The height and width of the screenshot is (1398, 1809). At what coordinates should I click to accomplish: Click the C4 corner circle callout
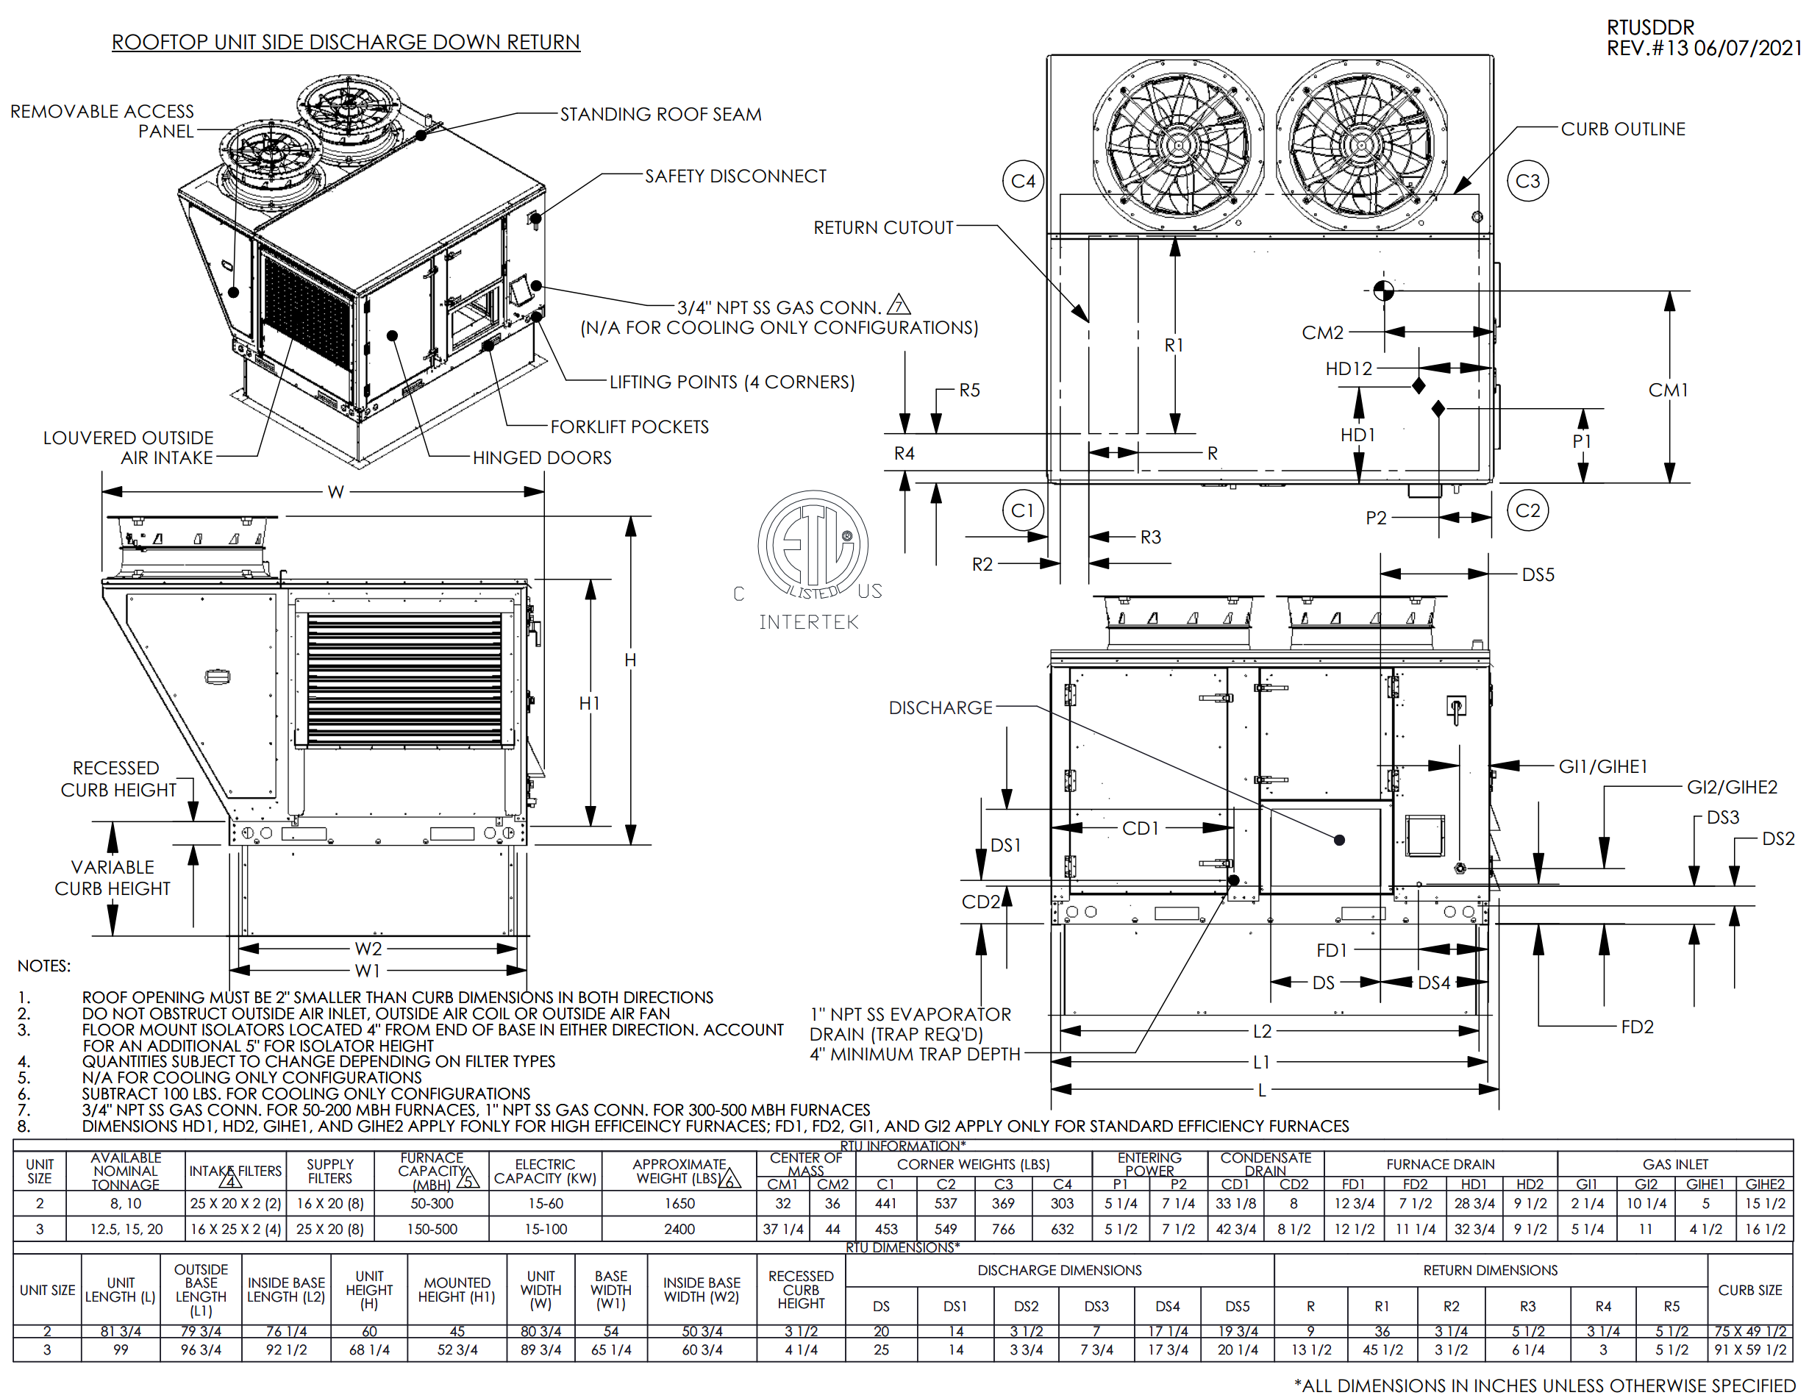[1023, 181]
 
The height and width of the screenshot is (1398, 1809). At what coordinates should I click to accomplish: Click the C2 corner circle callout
[1527, 510]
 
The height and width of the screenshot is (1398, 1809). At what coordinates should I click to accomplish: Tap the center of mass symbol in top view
[1383, 290]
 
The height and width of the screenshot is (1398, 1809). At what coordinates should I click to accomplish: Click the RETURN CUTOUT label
[883, 228]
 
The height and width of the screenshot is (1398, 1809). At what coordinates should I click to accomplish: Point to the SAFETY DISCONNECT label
[735, 176]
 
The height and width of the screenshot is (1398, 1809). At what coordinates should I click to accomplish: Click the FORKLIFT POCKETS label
[629, 427]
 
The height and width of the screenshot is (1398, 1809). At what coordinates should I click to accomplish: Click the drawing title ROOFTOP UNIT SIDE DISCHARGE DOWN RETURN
[346, 42]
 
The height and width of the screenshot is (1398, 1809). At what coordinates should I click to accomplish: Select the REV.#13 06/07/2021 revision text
[1703, 48]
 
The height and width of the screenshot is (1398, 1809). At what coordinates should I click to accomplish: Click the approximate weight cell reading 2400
[679, 1229]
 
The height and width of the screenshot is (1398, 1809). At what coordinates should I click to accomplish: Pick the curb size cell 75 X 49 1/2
[1749, 1331]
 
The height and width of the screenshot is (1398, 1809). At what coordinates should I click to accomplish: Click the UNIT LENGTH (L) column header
[120, 1289]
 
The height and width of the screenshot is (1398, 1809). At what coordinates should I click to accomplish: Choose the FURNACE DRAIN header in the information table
[1440, 1164]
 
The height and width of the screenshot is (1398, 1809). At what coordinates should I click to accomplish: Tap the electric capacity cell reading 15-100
[545, 1229]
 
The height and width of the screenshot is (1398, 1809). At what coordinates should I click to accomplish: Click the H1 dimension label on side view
[589, 703]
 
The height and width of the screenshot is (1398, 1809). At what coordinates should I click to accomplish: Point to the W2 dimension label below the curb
[368, 948]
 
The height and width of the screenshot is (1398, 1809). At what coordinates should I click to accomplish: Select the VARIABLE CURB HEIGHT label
[113, 878]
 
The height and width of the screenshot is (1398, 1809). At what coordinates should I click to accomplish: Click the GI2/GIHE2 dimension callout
[1732, 787]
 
